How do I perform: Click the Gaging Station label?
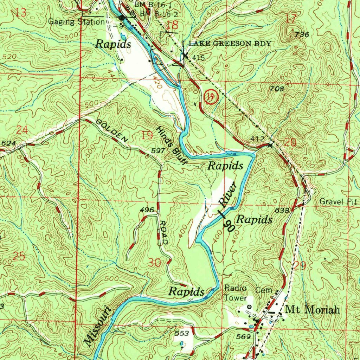click(x=76, y=22)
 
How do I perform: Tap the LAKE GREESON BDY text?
click(x=230, y=44)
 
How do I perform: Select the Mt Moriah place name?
click(x=313, y=310)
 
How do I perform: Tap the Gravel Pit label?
click(x=338, y=202)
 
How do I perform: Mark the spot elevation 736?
click(x=302, y=34)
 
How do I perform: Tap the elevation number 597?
click(x=158, y=150)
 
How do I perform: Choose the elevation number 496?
click(x=147, y=210)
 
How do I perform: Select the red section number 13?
click(x=21, y=13)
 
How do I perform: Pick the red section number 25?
click(x=19, y=257)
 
